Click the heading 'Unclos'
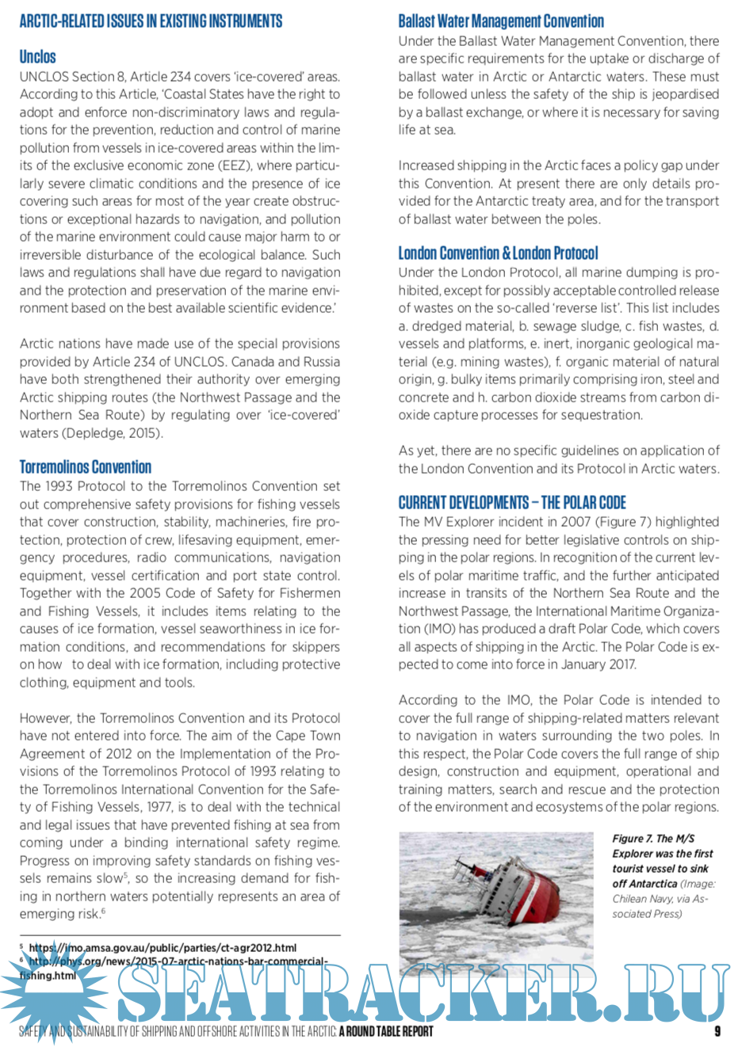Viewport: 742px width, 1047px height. click(37, 56)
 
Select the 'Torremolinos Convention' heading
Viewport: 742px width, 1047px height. click(86, 466)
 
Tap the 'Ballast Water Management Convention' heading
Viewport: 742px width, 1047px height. click(501, 21)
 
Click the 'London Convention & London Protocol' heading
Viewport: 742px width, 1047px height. click(498, 253)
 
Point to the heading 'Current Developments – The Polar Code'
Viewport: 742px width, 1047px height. click(512, 503)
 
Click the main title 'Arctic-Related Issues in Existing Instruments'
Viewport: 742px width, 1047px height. click(151, 21)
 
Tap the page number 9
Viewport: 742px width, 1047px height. click(717, 1030)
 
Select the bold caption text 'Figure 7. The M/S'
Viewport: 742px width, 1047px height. click(653, 839)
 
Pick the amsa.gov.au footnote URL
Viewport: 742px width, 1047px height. click(163, 947)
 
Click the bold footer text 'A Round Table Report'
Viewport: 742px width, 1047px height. click(386, 1031)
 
